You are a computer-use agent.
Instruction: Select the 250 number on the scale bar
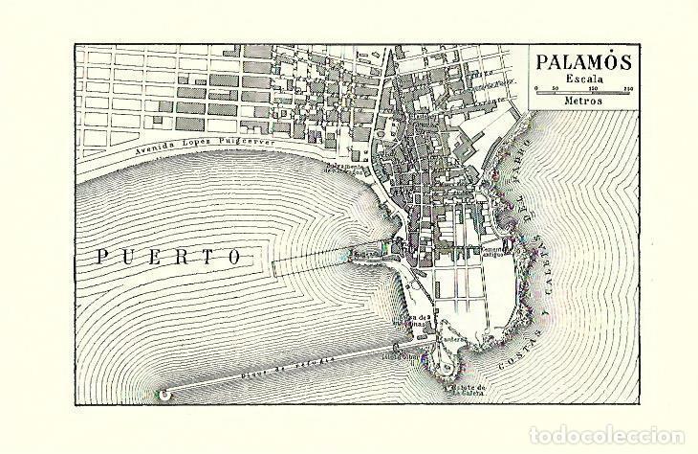click(x=627, y=88)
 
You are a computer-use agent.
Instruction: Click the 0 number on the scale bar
click(x=538, y=88)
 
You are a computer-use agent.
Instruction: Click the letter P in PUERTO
click(x=103, y=257)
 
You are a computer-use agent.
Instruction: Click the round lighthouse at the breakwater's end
click(x=166, y=394)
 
